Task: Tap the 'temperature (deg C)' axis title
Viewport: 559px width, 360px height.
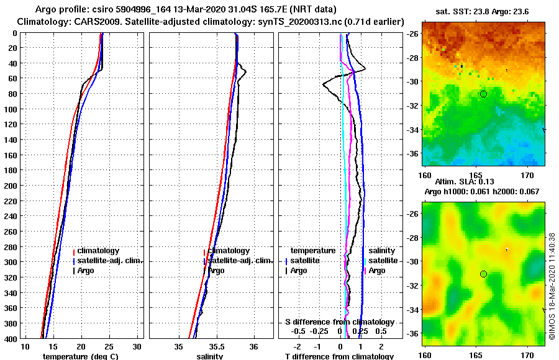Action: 80,356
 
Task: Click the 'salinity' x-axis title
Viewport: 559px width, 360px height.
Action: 210,356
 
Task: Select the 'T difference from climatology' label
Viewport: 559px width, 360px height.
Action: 339,356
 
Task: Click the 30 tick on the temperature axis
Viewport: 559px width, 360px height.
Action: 137,345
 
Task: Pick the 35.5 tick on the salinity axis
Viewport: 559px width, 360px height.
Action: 216,345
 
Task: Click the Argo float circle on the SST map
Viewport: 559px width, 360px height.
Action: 483,93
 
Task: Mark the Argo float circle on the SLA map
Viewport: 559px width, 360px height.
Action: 483,274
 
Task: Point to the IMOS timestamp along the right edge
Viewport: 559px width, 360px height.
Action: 552,286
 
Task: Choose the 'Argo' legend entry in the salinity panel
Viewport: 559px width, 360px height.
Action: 216,271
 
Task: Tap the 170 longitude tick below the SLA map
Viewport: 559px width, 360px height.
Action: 528,355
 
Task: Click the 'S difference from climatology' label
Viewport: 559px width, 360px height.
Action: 339,322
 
